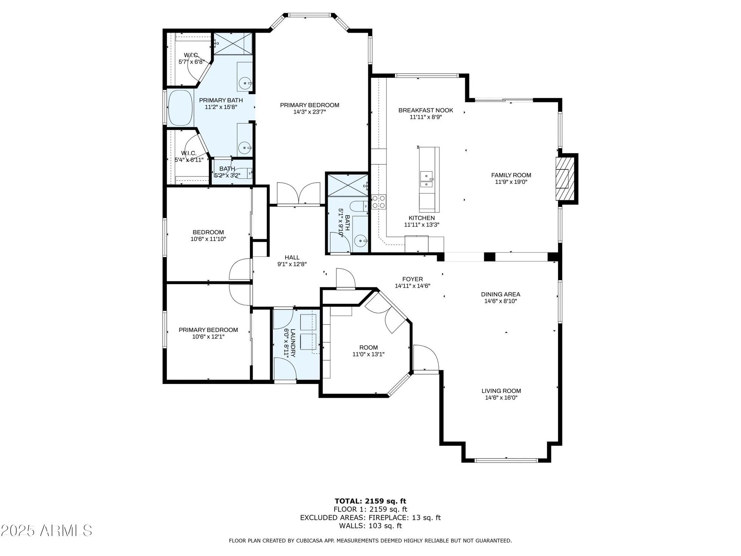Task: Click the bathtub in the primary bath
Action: (x=180, y=108)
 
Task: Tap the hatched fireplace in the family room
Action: (x=562, y=179)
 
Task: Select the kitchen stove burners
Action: (x=379, y=202)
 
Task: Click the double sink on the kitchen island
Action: (x=426, y=179)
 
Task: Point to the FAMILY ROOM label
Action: (x=511, y=175)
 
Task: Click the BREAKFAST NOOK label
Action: (x=426, y=110)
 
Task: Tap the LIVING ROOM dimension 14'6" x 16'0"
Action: (x=501, y=398)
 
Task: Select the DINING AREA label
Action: (x=501, y=294)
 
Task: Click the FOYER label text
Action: (x=412, y=279)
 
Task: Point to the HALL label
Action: (x=292, y=258)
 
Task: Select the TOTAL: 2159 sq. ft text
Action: (x=370, y=501)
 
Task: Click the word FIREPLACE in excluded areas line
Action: (x=389, y=518)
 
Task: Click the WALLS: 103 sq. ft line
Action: (x=370, y=526)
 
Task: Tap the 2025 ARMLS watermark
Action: (x=46, y=531)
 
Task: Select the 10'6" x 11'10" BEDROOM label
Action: (x=208, y=236)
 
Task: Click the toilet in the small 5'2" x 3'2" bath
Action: (x=244, y=173)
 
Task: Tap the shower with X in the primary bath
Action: (x=233, y=43)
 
